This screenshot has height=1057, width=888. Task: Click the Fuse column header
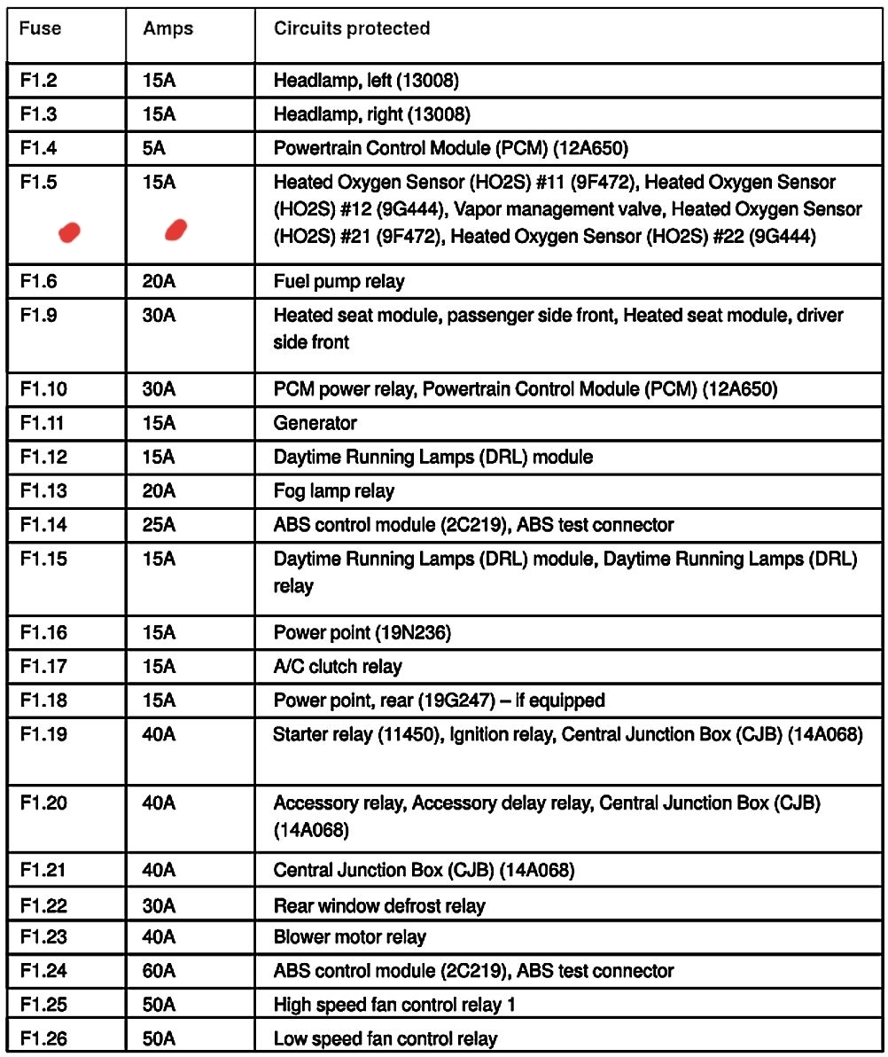(x=41, y=28)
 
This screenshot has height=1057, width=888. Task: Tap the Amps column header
(x=167, y=28)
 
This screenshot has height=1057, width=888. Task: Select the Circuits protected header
(x=352, y=28)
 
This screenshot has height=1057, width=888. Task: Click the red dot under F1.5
(x=69, y=232)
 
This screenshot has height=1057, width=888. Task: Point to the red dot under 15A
(x=176, y=231)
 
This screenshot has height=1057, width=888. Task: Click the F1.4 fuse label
(x=38, y=148)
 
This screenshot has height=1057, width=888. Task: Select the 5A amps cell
(x=153, y=148)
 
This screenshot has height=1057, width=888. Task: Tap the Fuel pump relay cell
(x=339, y=282)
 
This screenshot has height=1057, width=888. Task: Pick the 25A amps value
(x=159, y=525)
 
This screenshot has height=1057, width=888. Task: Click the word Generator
(x=315, y=424)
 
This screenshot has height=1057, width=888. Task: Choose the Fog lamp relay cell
(x=334, y=491)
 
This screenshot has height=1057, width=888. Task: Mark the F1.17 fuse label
(x=43, y=667)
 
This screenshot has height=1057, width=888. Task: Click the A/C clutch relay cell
(x=338, y=667)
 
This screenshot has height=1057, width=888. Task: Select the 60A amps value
(x=159, y=971)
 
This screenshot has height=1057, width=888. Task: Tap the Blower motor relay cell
(x=349, y=937)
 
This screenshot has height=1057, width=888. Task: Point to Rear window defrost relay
(x=379, y=906)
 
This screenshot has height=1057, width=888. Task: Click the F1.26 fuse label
(x=44, y=1038)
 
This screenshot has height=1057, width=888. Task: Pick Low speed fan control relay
(x=386, y=1038)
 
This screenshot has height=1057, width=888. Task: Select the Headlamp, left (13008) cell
(x=365, y=82)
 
